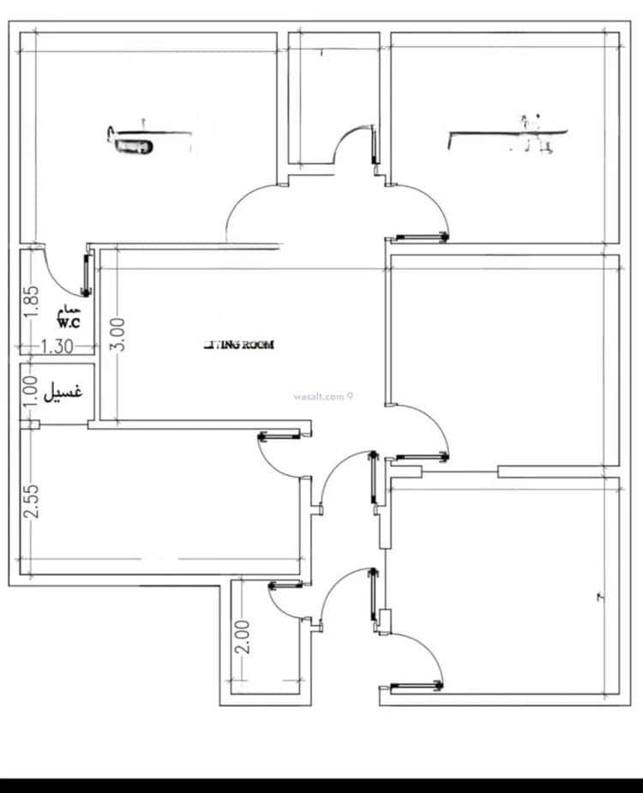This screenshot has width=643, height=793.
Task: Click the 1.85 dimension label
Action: coord(31,302)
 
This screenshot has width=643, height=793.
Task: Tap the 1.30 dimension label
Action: coord(57,346)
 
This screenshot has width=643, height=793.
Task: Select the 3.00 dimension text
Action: coord(119,333)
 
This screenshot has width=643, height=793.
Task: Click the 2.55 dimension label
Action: coord(31,502)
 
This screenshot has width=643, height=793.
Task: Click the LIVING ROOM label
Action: coord(239,345)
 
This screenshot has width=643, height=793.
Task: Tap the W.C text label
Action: coord(69,323)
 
